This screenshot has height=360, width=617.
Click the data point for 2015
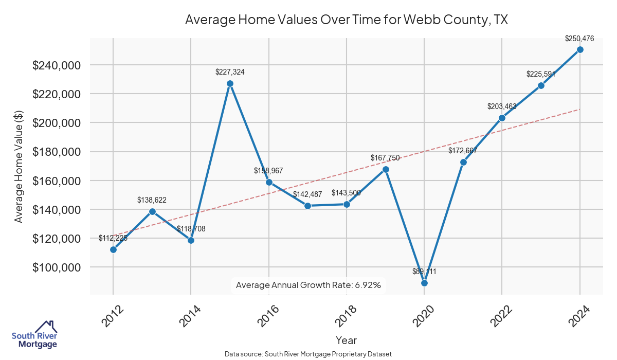click(230, 83)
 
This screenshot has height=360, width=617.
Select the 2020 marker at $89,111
click(424, 283)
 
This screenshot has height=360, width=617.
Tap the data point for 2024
click(580, 49)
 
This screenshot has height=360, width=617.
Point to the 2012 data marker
click(113, 249)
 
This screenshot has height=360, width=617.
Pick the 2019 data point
click(386, 169)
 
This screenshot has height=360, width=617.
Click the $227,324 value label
click(230, 72)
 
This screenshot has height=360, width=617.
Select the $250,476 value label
click(579, 38)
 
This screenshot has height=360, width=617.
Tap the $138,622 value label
click(152, 200)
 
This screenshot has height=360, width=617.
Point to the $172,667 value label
click(463, 151)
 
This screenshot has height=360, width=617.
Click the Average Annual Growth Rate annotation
click(308, 285)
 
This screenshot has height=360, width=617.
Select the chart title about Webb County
click(346, 20)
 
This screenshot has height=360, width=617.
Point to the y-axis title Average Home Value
click(19, 166)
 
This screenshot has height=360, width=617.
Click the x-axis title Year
click(346, 340)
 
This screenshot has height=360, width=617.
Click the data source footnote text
click(308, 354)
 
